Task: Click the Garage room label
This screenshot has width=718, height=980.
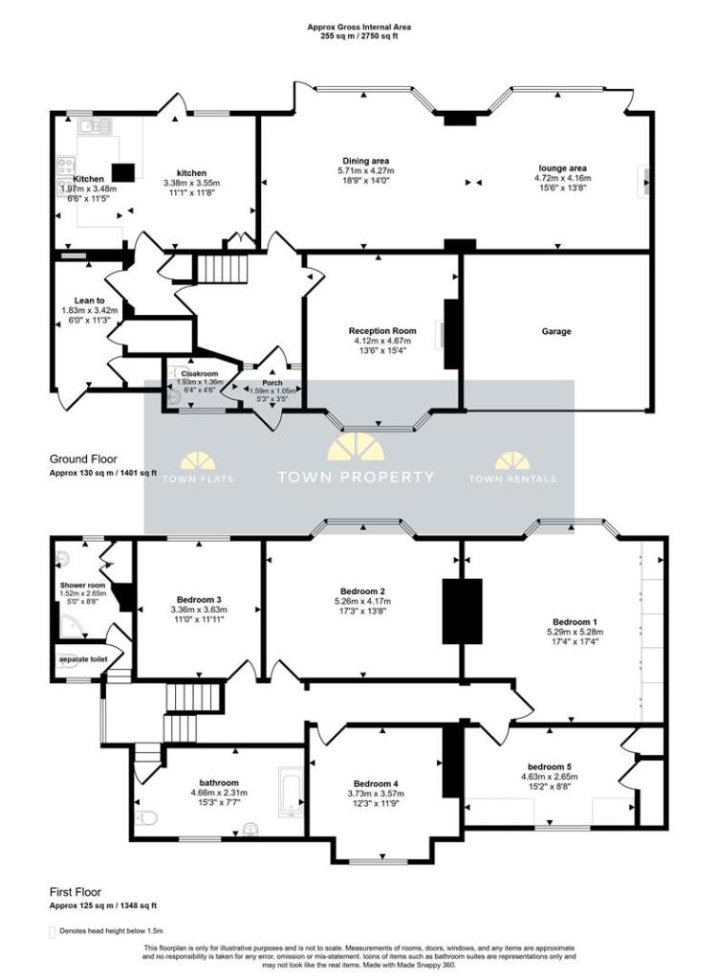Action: pos(556,331)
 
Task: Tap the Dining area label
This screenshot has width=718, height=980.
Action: pos(365,161)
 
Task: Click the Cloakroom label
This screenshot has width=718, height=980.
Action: pos(200,373)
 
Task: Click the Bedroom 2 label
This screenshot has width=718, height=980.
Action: pos(362,590)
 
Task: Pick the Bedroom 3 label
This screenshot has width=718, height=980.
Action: pos(199,600)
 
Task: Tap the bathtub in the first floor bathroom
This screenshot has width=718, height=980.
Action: pos(290,793)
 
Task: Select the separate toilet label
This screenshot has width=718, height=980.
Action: pos(82,659)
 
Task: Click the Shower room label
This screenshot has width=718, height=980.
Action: pos(82,585)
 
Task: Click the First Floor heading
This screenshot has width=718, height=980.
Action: pos(76,891)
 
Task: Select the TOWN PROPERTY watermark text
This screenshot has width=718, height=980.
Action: pos(356,477)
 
